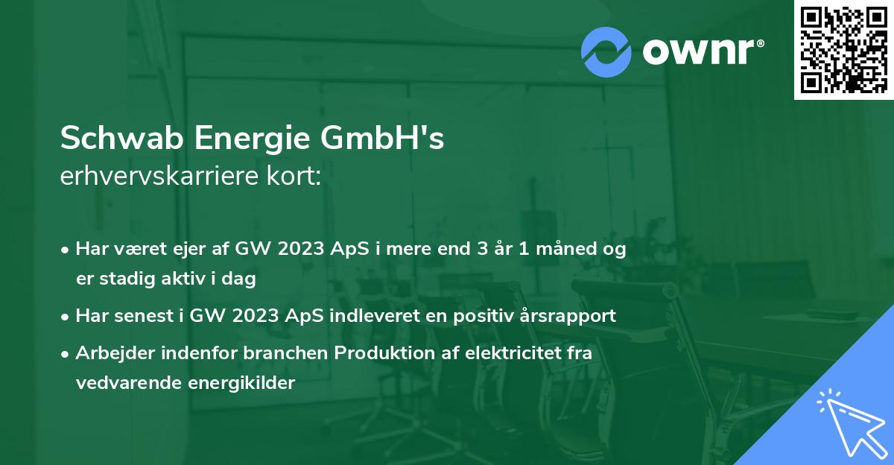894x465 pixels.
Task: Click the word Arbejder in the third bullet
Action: point(112,353)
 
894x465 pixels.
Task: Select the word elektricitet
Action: point(510,352)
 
